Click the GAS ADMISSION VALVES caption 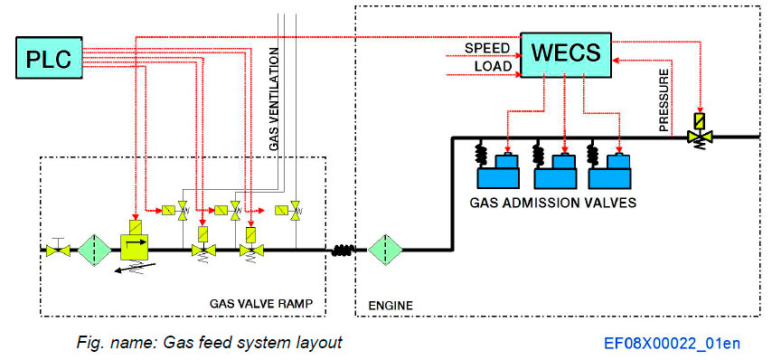tap(552, 203)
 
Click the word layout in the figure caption tap(321, 344)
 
